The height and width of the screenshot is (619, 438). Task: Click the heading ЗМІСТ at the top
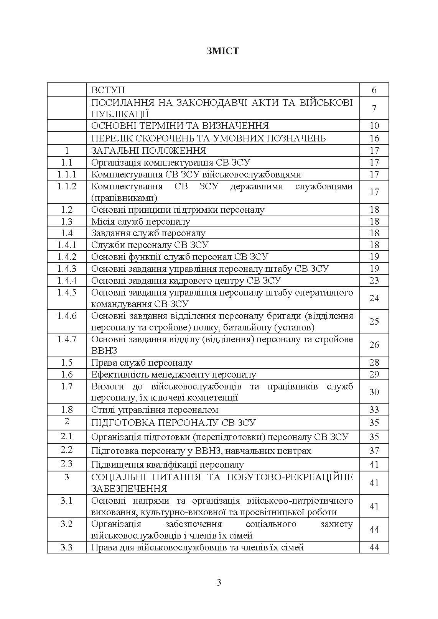(x=222, y=51)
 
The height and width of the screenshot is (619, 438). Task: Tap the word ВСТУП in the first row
(x=108, y=90)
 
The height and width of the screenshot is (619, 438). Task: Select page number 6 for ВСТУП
(x=374, y=90)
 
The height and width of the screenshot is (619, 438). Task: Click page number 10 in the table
(x=374, y=126)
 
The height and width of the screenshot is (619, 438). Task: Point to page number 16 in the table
(x=374, y=138)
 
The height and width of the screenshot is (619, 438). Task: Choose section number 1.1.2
(x=67, y=186)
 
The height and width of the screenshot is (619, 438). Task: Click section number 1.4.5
(x=67, y=292)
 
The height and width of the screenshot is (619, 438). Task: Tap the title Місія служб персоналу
(x=140, y=222)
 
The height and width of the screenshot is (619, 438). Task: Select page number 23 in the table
(x=374, y=281)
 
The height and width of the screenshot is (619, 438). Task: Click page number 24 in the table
(x=374, y=298)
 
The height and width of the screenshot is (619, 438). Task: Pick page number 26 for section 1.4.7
(x=374, y=345)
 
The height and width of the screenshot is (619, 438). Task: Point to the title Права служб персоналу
(x=142, y=363)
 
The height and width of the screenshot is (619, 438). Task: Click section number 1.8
(x=67, y=409)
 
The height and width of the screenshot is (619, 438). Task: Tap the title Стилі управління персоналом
(x=155, y=410)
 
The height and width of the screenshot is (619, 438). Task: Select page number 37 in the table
(x=374, y=451)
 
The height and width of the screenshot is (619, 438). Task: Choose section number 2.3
(x=67, y=463)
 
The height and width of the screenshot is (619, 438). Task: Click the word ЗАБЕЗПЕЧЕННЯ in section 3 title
(x=129, y=489)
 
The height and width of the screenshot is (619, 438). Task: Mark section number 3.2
(x=67, y=524)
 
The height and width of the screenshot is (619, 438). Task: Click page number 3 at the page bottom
(x=219, y=583)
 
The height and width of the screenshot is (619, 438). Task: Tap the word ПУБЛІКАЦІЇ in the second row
(x=120, y=114)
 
